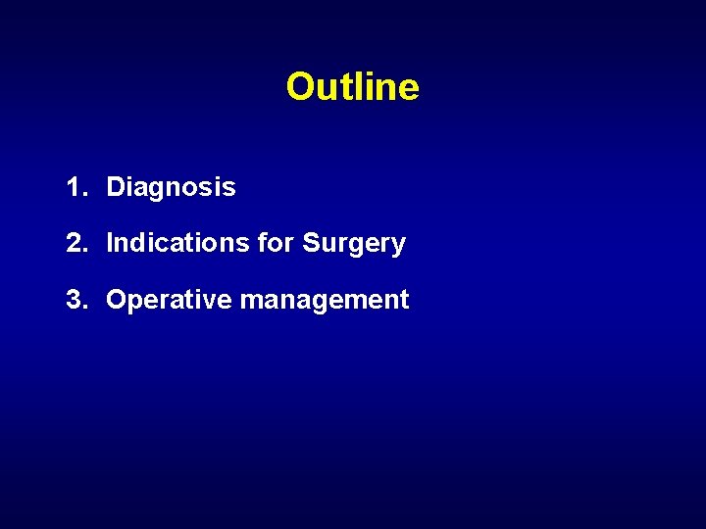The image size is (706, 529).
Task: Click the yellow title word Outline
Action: coord(353,87)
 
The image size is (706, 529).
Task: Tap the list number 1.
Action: coord(74,186)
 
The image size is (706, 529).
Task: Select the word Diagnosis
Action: coord(171,186)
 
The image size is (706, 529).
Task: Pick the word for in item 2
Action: coord(276,243)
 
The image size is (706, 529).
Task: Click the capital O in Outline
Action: coord(300,87)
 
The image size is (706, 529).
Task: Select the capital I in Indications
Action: coord(110,243)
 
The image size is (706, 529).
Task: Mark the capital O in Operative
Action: coord(117,300)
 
